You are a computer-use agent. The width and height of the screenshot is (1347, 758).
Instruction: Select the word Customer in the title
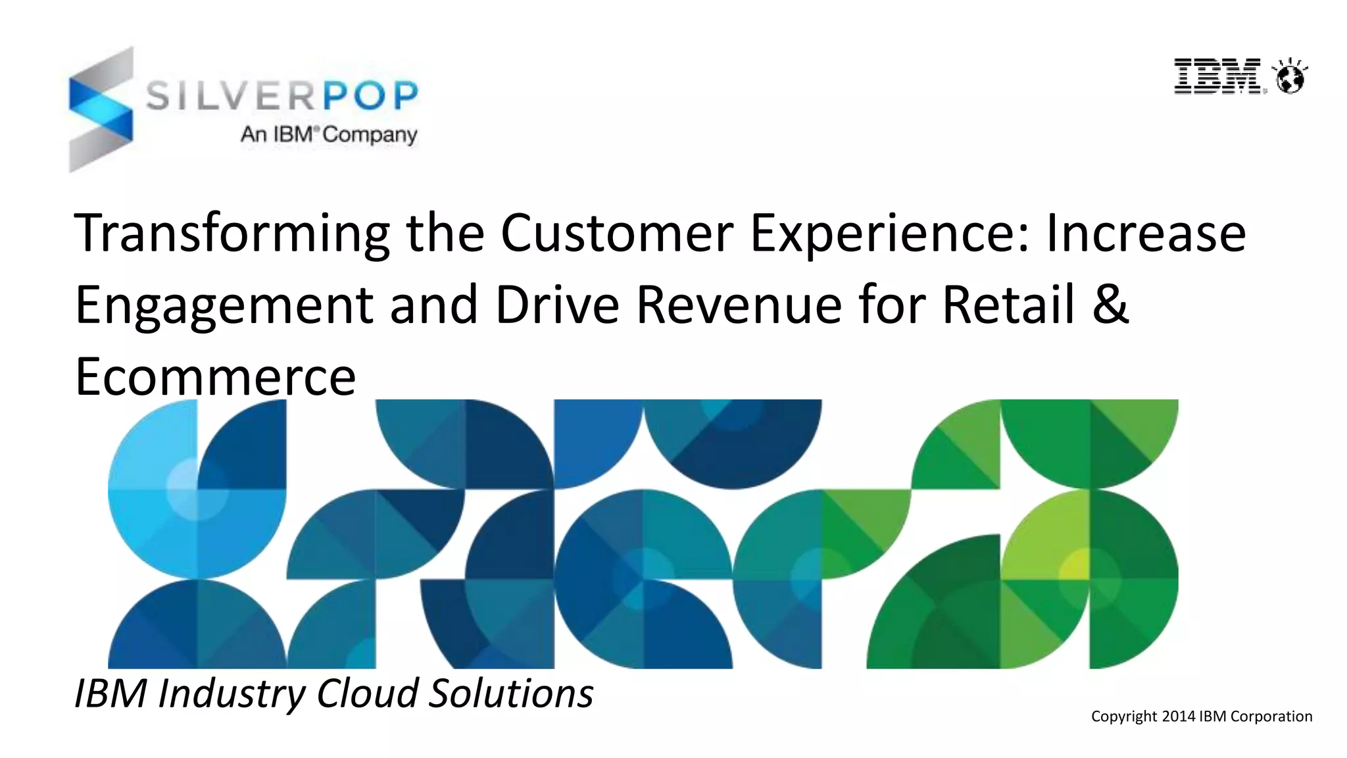(616, 233)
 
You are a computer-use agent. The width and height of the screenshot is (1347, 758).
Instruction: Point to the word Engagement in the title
(224, 307)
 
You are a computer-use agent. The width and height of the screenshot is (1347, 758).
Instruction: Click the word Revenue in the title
(739, 305)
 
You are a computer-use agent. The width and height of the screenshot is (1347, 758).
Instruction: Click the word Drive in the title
(556, 305)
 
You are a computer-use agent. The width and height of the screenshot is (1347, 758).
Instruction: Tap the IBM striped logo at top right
(1217, 76)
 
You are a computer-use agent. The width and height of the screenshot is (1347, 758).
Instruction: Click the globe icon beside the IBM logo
(1290, 77)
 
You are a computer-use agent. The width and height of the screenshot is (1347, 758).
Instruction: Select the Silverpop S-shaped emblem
(101, 109)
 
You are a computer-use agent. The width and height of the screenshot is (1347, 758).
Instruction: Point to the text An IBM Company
(329, 134)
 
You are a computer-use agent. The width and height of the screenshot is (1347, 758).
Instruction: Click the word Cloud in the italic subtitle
(367, 694)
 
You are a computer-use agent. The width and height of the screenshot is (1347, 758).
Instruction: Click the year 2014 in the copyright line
(1178, 717)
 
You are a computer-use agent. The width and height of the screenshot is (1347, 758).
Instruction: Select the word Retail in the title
(1009, 305)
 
